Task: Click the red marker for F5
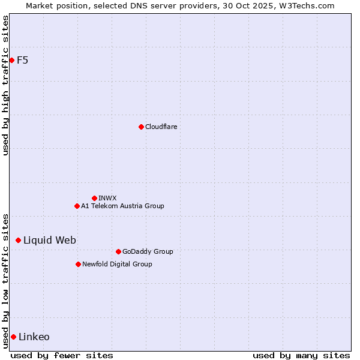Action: tap(11, 60)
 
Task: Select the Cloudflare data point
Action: tap(141, 127)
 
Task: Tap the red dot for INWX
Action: tap(94, 198)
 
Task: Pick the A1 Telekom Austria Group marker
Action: tap(77, 206)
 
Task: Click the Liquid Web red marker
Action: tap(18, 240)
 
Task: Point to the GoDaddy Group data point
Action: tap(118, 251)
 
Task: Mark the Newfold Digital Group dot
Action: tap(78, 264)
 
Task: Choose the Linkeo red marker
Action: tap(13, 337)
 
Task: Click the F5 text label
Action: tap(22, 60)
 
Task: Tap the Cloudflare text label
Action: tap(161, 127)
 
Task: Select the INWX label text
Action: tap(107, 198)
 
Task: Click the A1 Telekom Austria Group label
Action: tap(122, 206)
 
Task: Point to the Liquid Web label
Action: tap(49, 240)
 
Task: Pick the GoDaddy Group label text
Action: tap(148, 251)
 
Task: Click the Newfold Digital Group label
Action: tap(117, 264)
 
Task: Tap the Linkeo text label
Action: tap(34, 337)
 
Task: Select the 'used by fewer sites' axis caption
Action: tap(62, 355)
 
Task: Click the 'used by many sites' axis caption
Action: tap(301, 355)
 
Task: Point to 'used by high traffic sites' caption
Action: tap(5, 85)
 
